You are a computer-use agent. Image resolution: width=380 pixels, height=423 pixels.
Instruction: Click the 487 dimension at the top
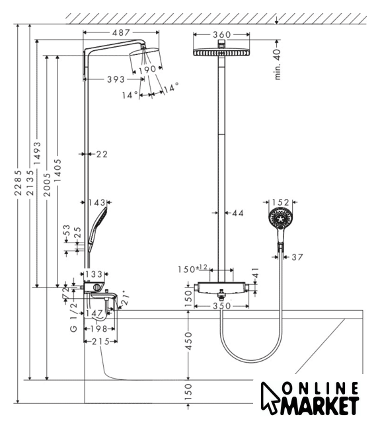pos(121,32)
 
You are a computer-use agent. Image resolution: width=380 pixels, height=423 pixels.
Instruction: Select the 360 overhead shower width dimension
pos(222,34)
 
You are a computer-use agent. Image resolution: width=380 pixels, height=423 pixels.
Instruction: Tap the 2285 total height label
pos(18,182)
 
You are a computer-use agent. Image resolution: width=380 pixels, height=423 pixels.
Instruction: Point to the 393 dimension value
pos(116,79)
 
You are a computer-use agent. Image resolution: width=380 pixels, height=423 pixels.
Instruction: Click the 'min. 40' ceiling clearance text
pos(278,65)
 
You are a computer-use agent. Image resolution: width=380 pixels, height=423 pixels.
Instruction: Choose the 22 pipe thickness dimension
pos(102,154)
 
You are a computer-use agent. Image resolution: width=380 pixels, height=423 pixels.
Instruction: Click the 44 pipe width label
pos(238,213)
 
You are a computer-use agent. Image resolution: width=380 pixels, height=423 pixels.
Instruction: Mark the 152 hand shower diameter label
pos(280,202)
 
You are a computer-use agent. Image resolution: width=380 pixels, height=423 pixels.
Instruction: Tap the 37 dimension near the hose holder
pos(297,257)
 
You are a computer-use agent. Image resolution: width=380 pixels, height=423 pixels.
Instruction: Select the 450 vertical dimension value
pos(188,341)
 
